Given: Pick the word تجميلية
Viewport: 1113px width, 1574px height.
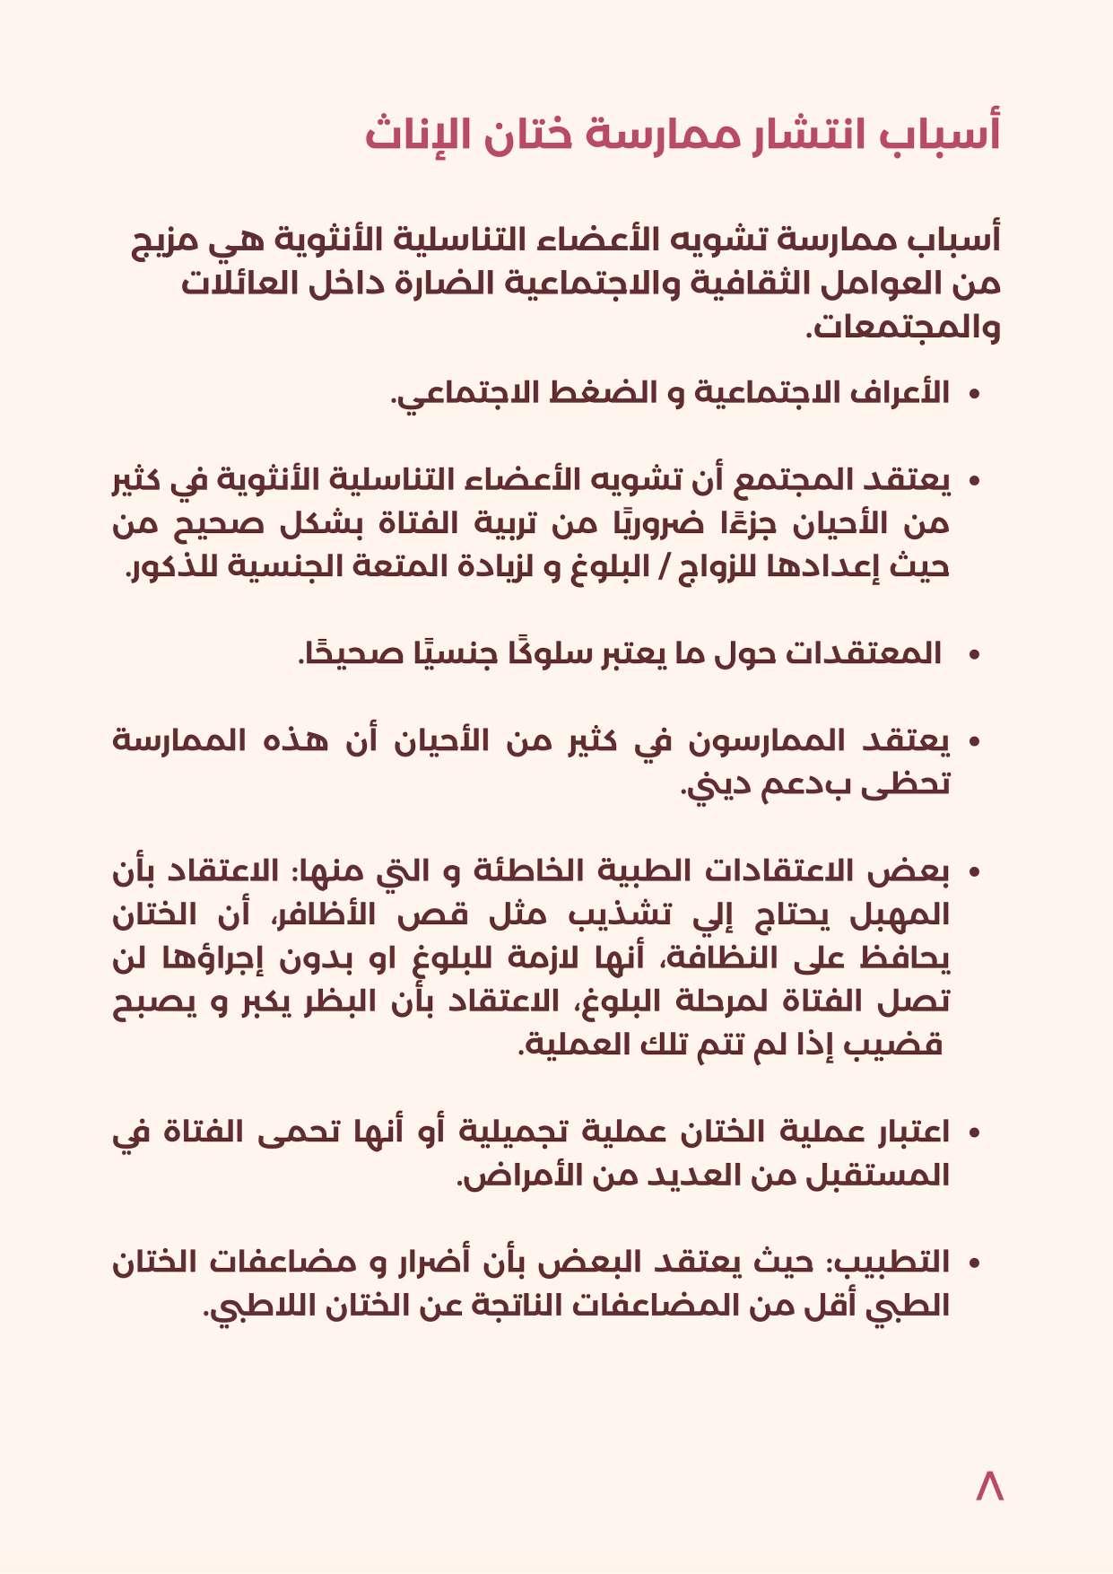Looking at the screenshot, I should point(512,1132).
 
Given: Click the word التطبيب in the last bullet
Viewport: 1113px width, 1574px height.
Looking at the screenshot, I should point(891,1263).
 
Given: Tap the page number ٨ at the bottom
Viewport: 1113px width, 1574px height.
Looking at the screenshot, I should point(989,1487).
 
